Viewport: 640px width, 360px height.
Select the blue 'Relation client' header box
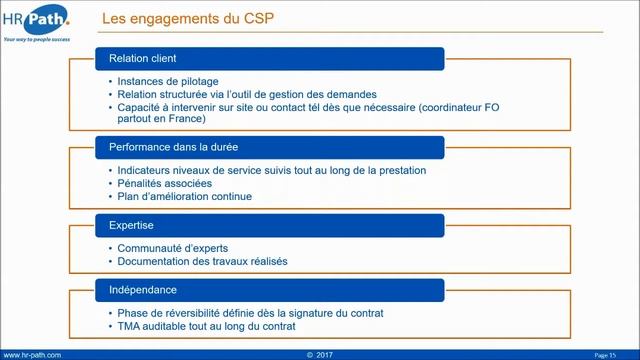270,58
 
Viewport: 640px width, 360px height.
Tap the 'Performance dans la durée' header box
270,148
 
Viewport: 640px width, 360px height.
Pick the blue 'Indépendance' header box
270,290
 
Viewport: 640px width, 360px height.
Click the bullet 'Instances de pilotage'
167,81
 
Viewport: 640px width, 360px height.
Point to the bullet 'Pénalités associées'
164,184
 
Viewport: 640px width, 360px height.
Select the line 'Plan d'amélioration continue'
184,197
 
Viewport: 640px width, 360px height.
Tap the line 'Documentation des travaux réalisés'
202,262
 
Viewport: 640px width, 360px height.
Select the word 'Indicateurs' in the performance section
146,171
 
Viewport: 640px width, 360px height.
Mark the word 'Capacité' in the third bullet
140,106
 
